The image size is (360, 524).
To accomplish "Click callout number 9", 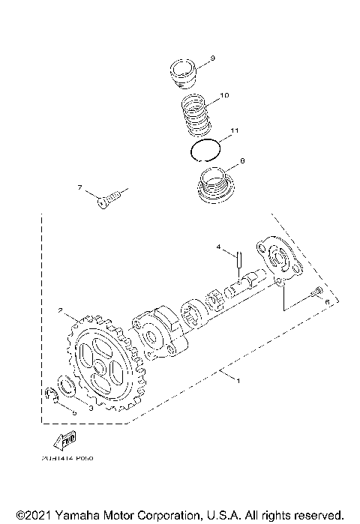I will click(213, 58).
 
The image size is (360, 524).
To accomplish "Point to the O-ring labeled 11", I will click(204, 151).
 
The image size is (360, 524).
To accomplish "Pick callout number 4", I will click(219, 247).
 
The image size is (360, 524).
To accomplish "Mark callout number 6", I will click(328, 301).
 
